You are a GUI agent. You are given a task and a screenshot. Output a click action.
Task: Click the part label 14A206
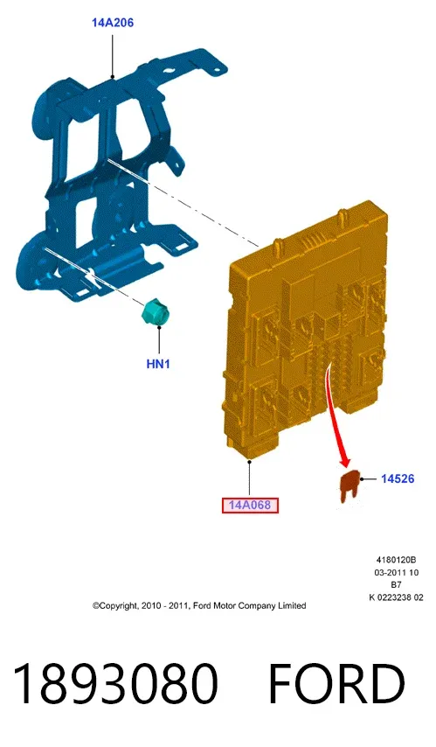[113, 23]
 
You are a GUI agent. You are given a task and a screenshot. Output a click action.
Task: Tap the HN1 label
[158, 364]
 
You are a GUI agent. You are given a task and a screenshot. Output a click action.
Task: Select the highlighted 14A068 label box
[250, 505]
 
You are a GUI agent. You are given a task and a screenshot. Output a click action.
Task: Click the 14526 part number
[398, 478]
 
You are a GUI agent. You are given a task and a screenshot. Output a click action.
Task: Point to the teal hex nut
[156, 312]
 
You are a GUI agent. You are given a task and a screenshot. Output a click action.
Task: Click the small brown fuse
[349, 487]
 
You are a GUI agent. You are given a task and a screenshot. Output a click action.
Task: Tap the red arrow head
[345, 461]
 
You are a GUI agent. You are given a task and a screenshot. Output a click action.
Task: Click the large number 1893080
[115, 684]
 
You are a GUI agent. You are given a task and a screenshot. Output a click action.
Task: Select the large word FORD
[336, 684]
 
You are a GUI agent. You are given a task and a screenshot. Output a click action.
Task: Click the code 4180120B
[396, 560]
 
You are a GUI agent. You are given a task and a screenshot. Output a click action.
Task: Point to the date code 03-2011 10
[396, 572]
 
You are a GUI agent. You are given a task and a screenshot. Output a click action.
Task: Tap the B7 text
[396, 584]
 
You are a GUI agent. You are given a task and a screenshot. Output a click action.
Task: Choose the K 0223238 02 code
[396, 597]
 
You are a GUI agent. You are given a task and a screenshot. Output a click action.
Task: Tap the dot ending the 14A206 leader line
[113, 76]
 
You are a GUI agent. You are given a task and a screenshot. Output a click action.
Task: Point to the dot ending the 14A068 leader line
[249, 461]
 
